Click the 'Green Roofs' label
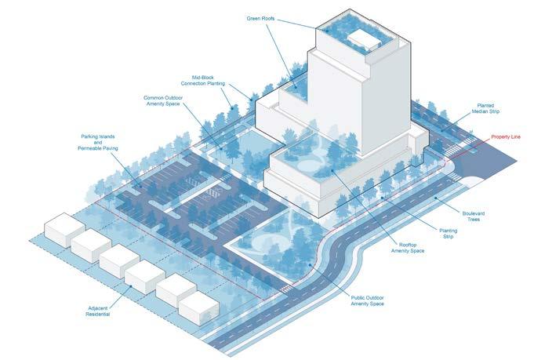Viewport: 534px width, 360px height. coord(263,18)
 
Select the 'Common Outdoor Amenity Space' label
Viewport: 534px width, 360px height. coord(164,101)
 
